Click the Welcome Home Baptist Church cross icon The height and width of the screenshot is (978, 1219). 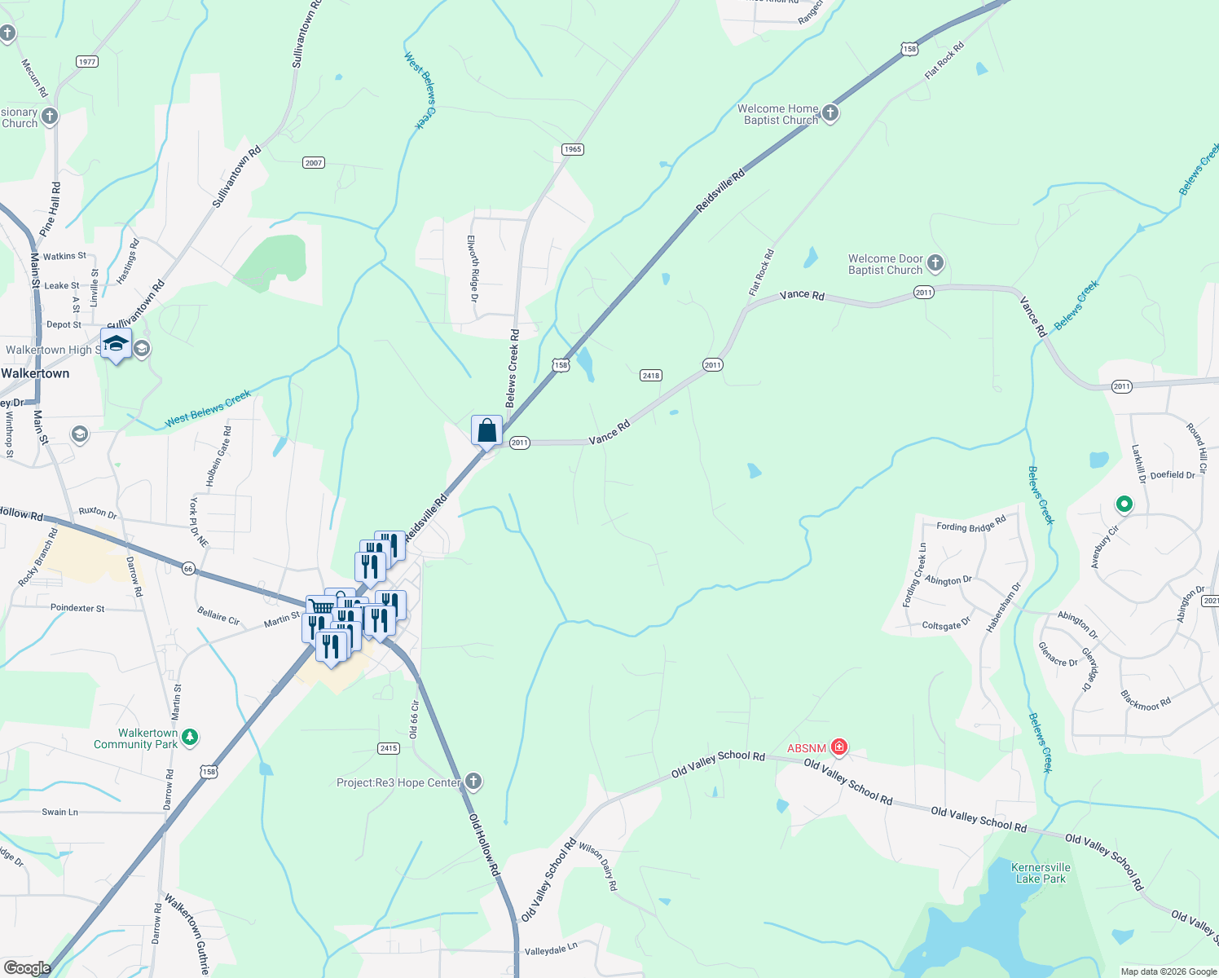830,113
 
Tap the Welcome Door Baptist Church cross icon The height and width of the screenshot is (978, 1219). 935,263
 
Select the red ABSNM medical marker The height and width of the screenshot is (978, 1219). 839,747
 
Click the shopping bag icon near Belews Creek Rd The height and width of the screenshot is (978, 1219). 486,430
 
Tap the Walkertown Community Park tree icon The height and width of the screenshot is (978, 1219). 190,737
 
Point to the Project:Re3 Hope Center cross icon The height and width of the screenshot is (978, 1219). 473,782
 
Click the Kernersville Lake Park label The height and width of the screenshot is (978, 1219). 1041,873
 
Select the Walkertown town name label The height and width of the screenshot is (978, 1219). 35,373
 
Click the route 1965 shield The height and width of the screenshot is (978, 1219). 573,149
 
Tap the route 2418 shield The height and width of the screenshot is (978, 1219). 650,376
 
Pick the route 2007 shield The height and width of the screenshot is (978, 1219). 314,163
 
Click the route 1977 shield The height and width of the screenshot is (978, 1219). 86,62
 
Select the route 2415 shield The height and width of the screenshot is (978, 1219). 389,748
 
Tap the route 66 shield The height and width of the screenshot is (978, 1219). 188,569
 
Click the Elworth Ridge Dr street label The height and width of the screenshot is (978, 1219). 472,268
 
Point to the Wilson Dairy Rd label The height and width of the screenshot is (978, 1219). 599,866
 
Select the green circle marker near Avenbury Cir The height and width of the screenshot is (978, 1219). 1124,505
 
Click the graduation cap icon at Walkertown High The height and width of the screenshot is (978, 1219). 116,344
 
